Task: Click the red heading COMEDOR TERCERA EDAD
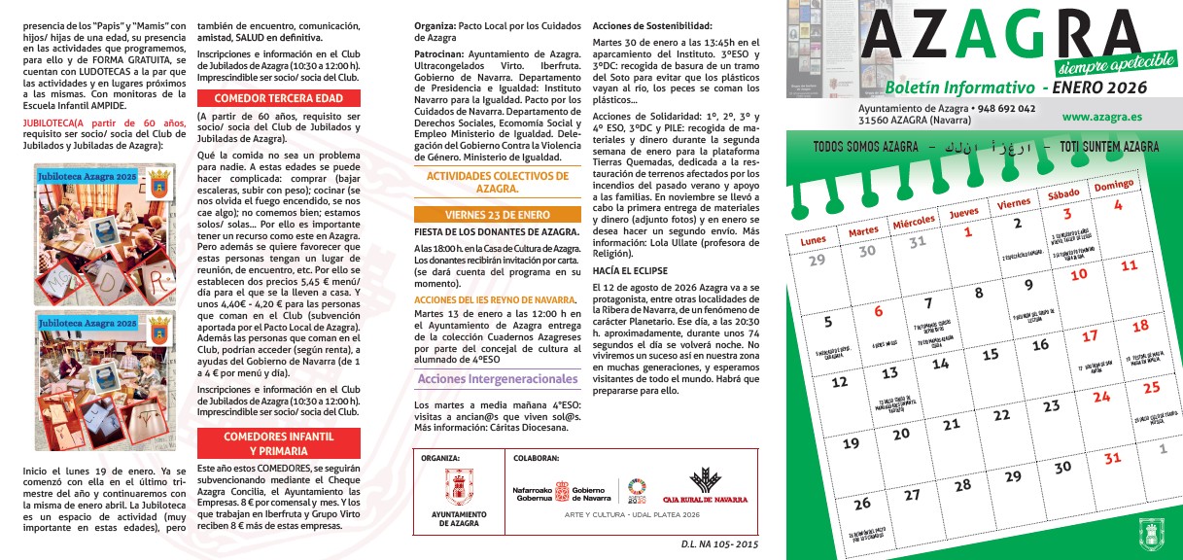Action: (278, 98)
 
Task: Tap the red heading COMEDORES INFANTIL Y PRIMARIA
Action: (278, 444)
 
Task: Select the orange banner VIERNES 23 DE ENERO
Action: (498, 215)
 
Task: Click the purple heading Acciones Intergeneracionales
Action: (498, 378)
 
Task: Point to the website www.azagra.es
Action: (1101, 116)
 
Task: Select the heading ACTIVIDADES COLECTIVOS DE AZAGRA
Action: (498, 182)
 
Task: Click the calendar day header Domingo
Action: (1114, 185)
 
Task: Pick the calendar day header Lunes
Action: (814, 239)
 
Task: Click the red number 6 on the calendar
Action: (879, 312)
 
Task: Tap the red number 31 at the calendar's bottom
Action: (1112, 458)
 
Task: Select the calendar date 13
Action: (889, 373)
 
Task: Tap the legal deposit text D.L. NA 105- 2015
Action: (719, 545)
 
